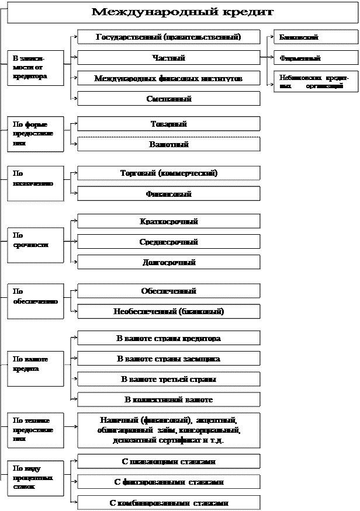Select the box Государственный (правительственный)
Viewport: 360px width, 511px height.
[x=169, y=37]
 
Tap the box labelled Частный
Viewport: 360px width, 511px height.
[x=169, y=58]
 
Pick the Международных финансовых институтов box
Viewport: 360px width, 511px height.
[x=169, y=78]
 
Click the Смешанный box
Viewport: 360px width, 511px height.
[x=169, y=99]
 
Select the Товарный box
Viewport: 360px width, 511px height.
[x=169, y=124]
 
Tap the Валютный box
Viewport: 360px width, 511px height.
[x=169, y=144]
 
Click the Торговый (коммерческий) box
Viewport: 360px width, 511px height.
[x=169, y=173]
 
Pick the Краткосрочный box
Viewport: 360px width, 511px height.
[x=169, y=221]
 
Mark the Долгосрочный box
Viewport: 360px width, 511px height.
[x=169, y=262]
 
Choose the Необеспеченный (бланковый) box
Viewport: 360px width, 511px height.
[x=169, y=311]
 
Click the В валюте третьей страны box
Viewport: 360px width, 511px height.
[x=169, y=379]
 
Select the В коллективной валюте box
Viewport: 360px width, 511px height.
[x=169, y=399]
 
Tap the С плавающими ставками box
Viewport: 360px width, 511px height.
[x=169, y=461]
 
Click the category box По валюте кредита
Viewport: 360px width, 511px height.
[x=35, y=369]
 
